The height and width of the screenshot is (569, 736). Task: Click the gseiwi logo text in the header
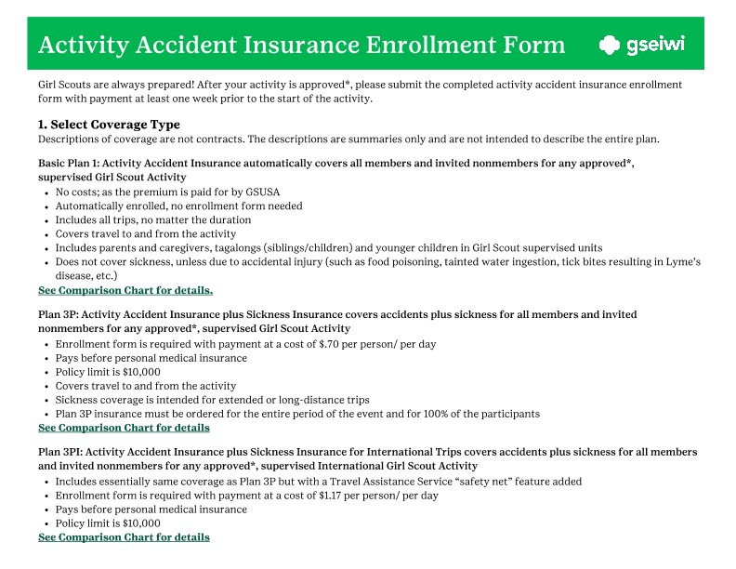655,45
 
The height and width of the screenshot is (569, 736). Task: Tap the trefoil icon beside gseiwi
610,45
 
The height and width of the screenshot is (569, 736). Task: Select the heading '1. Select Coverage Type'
109,125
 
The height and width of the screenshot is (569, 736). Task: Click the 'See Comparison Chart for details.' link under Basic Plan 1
125,290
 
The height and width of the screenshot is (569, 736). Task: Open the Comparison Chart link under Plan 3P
124,428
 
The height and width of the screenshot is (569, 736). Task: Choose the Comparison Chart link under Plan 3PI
124,537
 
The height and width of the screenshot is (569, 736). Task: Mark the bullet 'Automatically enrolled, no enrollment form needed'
178,205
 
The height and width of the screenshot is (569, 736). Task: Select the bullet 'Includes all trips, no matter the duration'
152,220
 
